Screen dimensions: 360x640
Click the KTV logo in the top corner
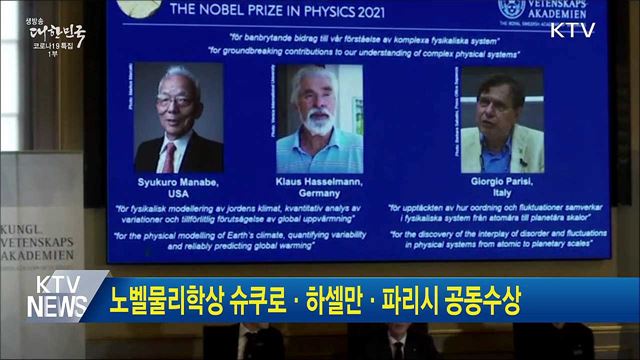click(x=572, y=31)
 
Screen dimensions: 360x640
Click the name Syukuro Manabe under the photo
click(x=178, y=183)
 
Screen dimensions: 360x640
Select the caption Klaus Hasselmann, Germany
click(x=319, y=187)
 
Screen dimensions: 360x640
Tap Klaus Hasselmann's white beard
click(x=319, y=121)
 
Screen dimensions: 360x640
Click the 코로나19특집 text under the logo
click(x=56, y=46)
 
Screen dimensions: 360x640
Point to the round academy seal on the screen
click(x=511, y=9)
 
